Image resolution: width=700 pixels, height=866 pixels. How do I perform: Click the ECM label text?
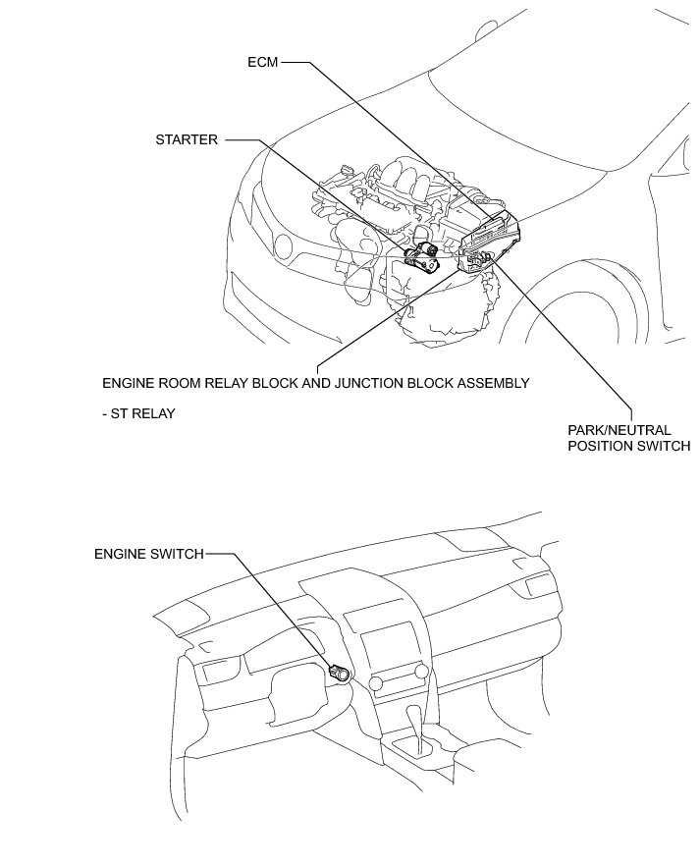tap(263, 62)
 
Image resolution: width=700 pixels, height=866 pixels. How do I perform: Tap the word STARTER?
tap(186, 139)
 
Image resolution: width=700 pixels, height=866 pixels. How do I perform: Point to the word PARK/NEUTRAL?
tap(619, 430)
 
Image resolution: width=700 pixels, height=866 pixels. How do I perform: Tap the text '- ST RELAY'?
tap(138, 413)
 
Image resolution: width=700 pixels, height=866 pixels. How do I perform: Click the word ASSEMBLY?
tap(493, 382)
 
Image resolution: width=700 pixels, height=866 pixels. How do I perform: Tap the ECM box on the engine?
tap(491, 236)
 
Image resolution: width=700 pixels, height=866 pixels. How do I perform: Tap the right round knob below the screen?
tap(422, 671)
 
